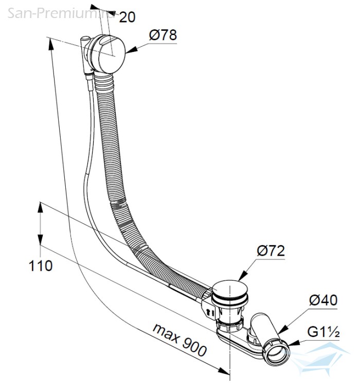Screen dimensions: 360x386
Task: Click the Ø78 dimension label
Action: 163,35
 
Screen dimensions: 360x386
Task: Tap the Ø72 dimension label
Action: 271,251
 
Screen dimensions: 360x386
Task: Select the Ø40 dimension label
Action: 323,300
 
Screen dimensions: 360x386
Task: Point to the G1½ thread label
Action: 323,332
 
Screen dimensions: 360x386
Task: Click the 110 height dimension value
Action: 41,266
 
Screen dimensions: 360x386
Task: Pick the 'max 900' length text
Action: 179,340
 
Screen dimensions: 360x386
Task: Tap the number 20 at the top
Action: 127,17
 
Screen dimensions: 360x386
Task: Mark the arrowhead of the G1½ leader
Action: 294,343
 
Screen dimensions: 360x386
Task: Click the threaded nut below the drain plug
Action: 229,325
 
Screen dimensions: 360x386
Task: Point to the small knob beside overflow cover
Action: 85,39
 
